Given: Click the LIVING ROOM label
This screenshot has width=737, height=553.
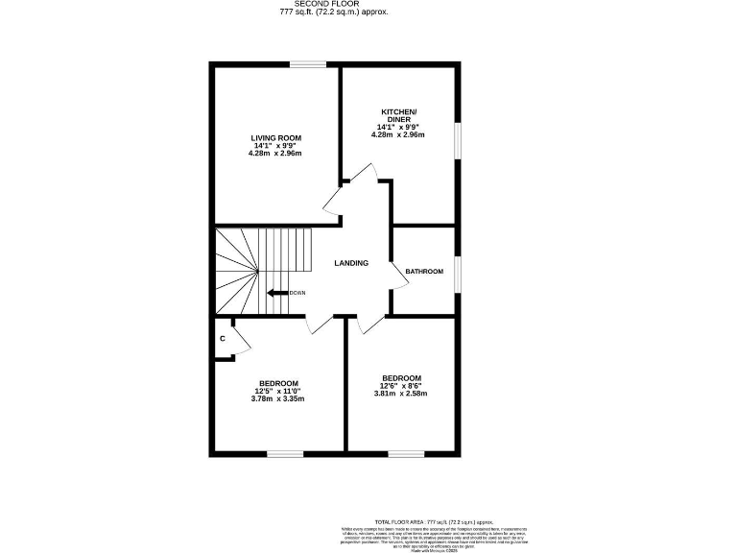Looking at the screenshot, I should [276, 138].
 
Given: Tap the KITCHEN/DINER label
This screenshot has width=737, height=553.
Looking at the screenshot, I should [398, 115].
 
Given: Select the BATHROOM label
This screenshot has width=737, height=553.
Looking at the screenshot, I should [424, 272].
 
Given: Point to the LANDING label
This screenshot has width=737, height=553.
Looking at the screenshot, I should [350, 263].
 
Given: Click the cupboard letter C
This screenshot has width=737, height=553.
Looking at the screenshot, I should [223, 339].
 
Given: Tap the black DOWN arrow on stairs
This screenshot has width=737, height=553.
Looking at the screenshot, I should [277, 293].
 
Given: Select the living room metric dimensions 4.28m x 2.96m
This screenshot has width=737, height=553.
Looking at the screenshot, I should [275, 154].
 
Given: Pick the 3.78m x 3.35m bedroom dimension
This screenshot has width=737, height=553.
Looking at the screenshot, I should [278, 398].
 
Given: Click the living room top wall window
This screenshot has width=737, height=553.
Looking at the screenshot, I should [308, 64].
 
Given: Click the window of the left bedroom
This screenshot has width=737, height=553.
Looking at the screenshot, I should [285, 452].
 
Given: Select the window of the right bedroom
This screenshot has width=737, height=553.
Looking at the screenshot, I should [406, 452].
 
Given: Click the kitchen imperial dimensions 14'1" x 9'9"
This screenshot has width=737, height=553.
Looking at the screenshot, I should [398, 127].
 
